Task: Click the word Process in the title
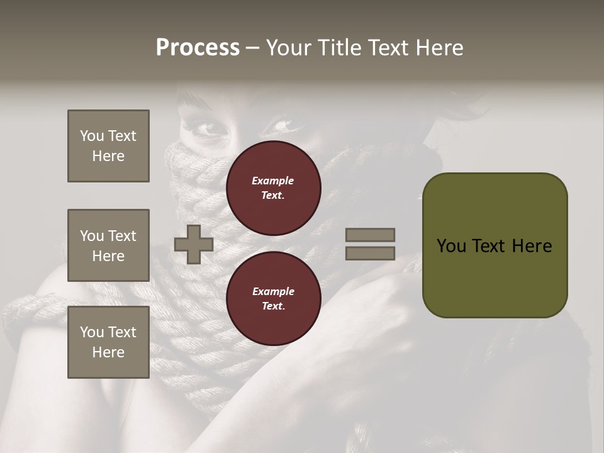tap(198, 48)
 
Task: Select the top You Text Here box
tap(108, 146)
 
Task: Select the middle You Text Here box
tap(108, 245)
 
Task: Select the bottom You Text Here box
tap(108, 342)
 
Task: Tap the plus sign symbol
tap(194, 244)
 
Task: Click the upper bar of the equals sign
tap(370, 235)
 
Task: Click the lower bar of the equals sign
tap(370, 253)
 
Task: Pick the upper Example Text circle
tap(273, 188)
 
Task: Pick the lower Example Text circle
tap(273, 299)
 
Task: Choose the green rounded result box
tap(495, 245)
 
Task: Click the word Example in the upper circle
tap(273, 181)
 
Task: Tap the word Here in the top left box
tap(108, 156)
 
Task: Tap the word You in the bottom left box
tap(91, 332)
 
